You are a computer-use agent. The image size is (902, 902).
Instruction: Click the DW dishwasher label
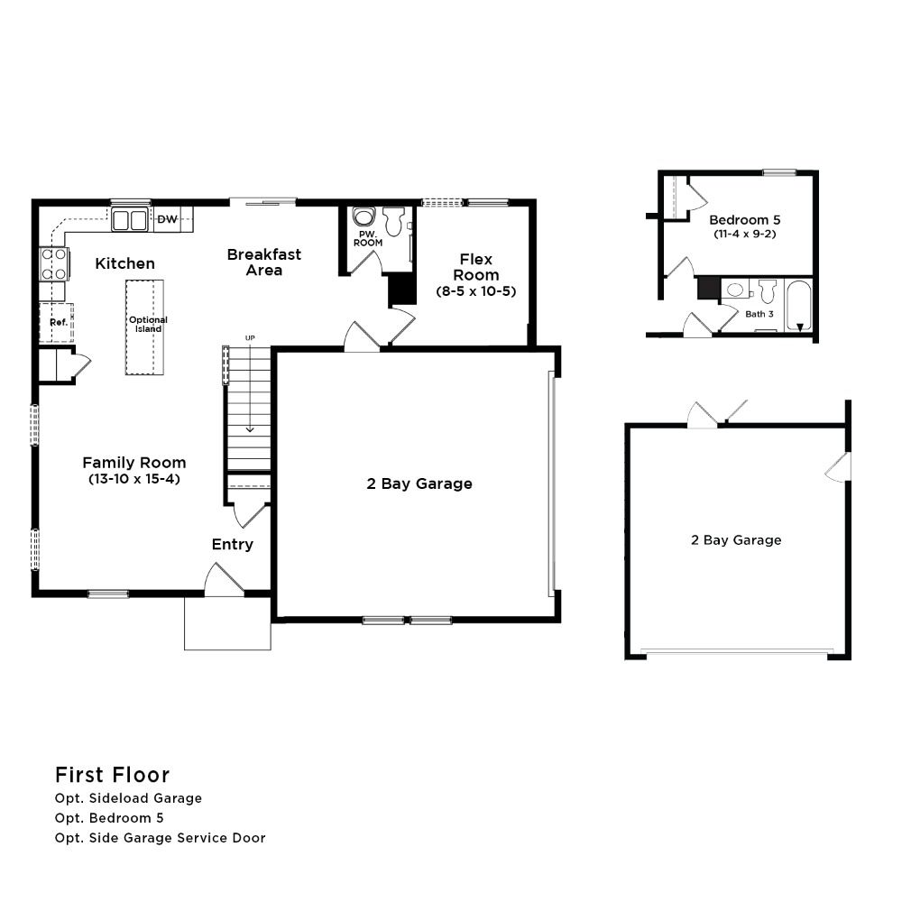(x=168, y=219)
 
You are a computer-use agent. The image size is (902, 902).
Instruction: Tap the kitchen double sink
(x=130, y=220)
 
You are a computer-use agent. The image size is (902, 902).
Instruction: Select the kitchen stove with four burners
(x=54, y=264)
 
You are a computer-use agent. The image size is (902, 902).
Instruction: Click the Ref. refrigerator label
(x=59, y=322)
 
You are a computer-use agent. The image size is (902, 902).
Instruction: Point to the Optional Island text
(x=149, y=325)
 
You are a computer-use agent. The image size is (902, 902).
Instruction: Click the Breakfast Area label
(x=264, y=262)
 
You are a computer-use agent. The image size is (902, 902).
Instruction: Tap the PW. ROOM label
(x=368, y=239)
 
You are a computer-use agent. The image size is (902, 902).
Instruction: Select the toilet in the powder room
(x=394, y=222)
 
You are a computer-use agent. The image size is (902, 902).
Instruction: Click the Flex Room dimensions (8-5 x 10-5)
(x=476, y=291)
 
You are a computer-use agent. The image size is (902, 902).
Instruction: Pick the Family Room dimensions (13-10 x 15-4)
(x=134, y=479)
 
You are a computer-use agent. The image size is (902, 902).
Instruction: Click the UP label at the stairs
(x=250, y=338)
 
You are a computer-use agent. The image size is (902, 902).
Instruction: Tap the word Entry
(x=233, y=544)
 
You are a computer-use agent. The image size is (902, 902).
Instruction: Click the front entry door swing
(x=222, y=577)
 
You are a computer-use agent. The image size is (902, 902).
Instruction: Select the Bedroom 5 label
(x=745, y=220)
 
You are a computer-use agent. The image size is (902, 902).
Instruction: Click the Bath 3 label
(x=759, y=314)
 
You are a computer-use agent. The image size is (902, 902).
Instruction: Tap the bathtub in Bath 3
(x=798, y=306)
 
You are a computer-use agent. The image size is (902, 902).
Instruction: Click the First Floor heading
(x=112, y=775)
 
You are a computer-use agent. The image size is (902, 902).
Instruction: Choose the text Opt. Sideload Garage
(x=128, y=798)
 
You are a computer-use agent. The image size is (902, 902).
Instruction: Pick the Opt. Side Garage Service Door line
(x=160, y=838)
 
